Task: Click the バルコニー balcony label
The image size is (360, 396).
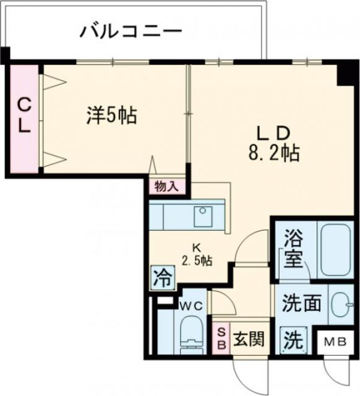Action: tap(131, 31)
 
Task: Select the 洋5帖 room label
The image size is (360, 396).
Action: tap(111, 114)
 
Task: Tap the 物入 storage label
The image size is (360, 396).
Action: tap(166, 186)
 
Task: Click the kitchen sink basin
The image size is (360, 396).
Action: tap(202, 217)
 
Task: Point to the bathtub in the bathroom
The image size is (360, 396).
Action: tap(335, 248)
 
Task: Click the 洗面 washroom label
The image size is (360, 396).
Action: tap(302, 304)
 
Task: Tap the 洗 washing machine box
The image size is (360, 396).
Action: tap(294, 339)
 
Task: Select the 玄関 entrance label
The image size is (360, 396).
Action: tap(250, 339)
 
